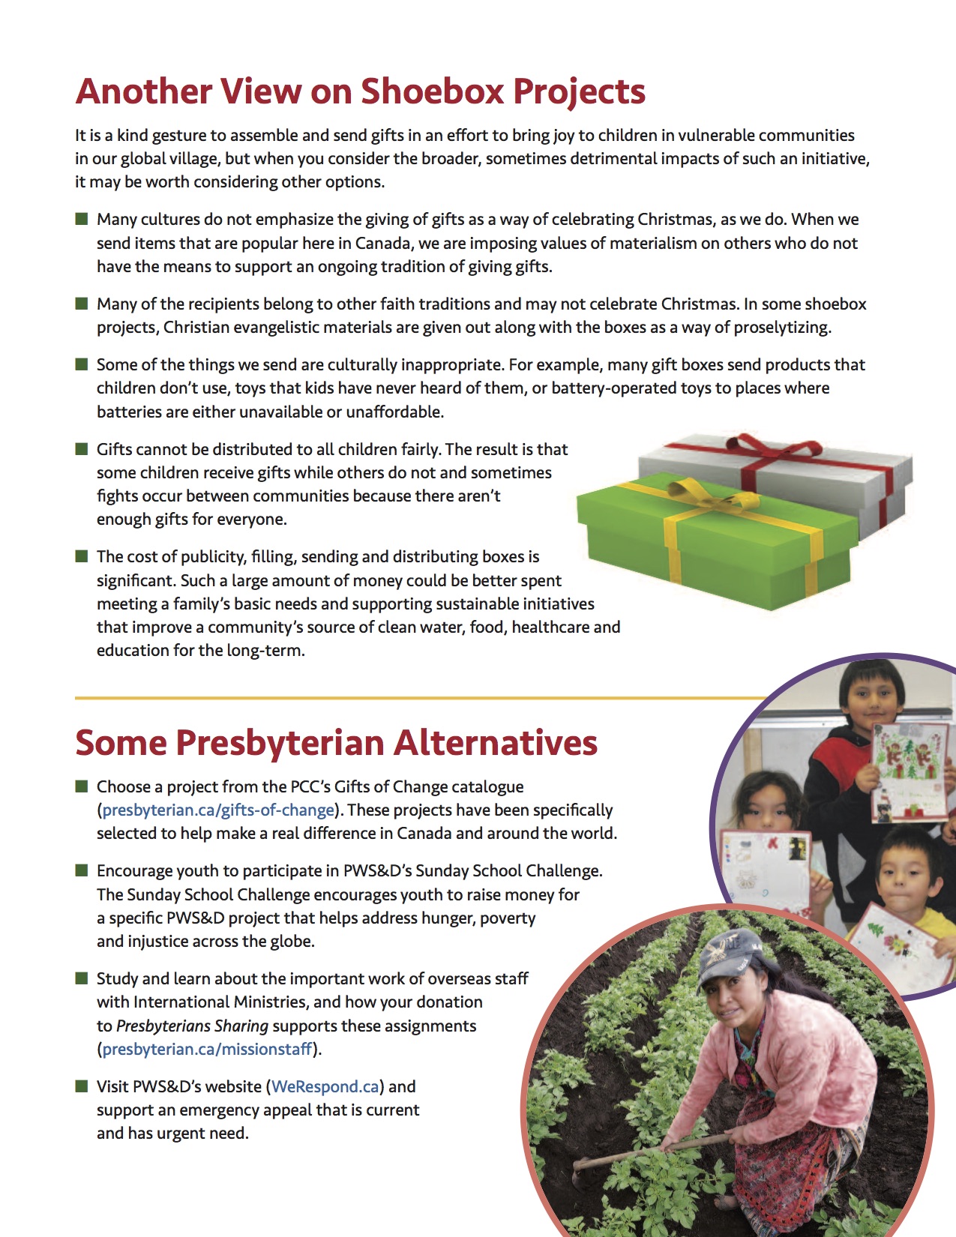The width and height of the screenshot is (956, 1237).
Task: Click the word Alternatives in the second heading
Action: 496,743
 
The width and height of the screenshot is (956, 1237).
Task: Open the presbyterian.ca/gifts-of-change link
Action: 218,810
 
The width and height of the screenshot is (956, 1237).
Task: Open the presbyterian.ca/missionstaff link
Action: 207,1049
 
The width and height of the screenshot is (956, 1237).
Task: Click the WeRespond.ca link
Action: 325,1086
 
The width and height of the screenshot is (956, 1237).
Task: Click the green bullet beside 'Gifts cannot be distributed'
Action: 82,449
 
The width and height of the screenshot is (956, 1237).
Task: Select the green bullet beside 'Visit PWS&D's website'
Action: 82,1086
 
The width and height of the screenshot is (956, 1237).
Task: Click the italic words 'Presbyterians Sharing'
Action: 192,1026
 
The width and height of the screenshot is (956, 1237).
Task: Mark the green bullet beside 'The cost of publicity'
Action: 82,556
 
